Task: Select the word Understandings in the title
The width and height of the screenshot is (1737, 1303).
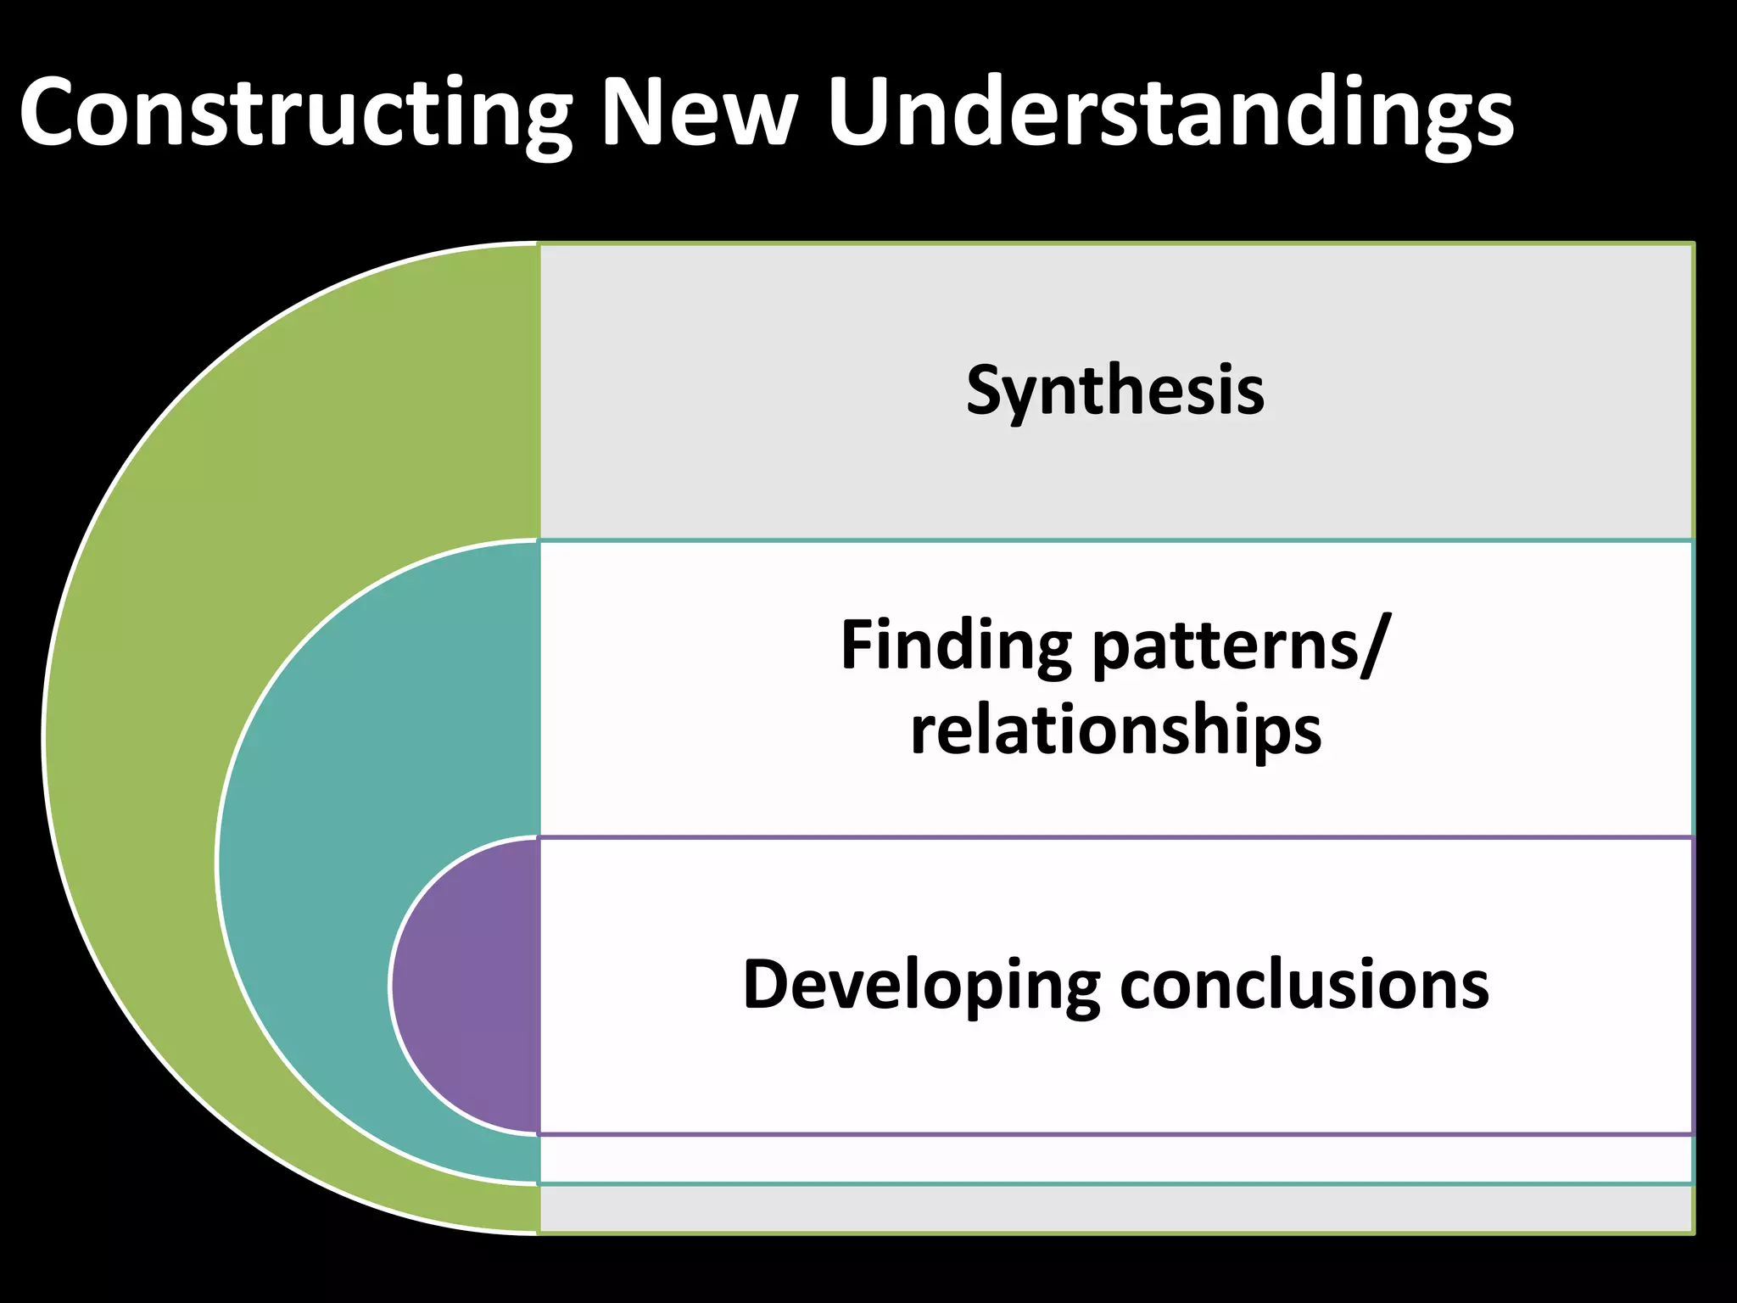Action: pos(1170,115)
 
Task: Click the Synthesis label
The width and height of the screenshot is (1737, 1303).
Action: pos(1115,391)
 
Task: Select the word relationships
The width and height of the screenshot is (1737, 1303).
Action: pos(1115,731)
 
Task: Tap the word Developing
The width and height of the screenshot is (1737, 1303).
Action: pos(921,986)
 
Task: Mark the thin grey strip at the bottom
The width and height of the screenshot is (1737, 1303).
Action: pos(1115,1208)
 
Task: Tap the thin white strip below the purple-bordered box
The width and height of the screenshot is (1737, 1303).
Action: pos(1115,1159)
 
